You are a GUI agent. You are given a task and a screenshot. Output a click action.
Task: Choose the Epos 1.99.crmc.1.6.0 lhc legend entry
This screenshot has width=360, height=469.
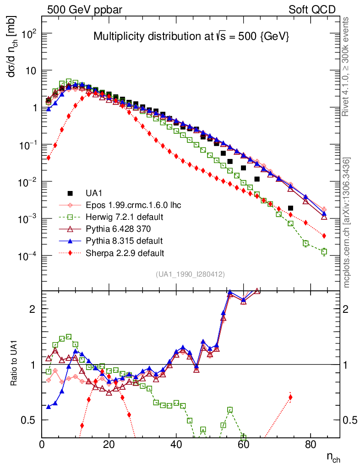tap(131, 205)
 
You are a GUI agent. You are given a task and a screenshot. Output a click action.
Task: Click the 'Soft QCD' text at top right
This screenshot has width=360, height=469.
tap(312, 10)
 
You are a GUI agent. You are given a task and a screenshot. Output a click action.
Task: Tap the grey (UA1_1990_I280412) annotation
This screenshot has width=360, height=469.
tap(190, 274)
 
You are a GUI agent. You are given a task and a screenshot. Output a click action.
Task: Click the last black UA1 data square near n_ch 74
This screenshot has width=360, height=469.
tap(290, 208)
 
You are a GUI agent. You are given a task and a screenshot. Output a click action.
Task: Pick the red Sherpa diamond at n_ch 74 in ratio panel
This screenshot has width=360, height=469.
tap(290, 397)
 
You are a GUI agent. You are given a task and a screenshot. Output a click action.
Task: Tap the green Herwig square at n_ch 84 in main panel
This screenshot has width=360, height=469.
tap(324, 251)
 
